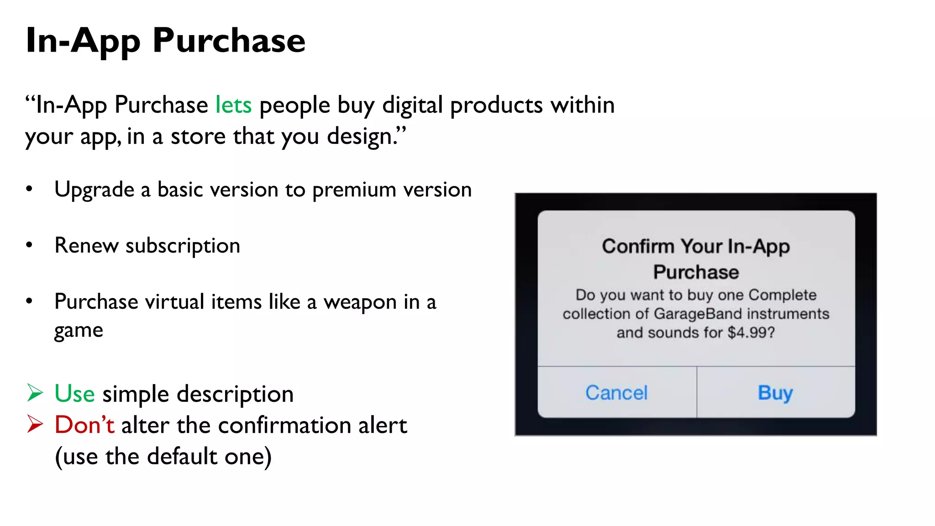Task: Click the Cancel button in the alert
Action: pyautogui.click(x=616, y=393)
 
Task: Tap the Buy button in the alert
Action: pyautogui.click(x=775, y=393)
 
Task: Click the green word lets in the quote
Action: pyautogui.click(x=233, y=105)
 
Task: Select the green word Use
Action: pyautogui.click(x=74, y=394)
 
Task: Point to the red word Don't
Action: pyautogui.click(x=84, y=425)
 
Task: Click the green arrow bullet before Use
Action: pyautogui.click(x=35, y=393)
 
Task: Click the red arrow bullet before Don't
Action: pyautogui.click(x=35, y=424)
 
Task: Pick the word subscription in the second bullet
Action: pyautogui.click(x=183, y=246)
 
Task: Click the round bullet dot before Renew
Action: pyautogui.click(x=29, y=245)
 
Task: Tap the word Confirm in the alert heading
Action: pyautogui.click(x=638, y=247)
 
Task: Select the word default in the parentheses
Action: pyautogui.click(x=182, y=457)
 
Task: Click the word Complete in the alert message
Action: pyautogui.click(x=783, y=295)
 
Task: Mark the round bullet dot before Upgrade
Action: pyautogui.click(x=29, y=189)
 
